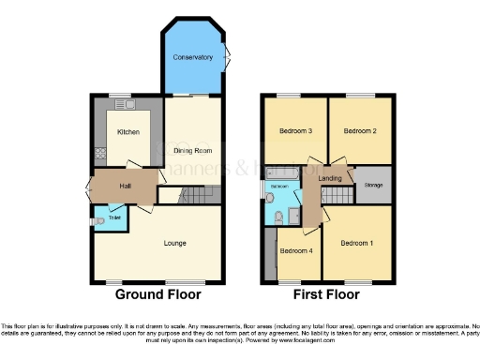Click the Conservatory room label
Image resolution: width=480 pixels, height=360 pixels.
(192, 58)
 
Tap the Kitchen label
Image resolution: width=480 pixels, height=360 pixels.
(127, 132)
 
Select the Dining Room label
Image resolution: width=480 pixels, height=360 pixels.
(192, 150)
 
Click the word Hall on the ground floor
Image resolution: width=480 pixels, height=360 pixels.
(124, 187)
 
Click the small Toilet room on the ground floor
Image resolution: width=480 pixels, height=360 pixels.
(113, 217)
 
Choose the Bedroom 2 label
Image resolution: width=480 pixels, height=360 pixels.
(360, 131)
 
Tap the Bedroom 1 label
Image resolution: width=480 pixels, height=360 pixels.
(356, 244)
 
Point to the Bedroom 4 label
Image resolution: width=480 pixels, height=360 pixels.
(296, 250)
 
